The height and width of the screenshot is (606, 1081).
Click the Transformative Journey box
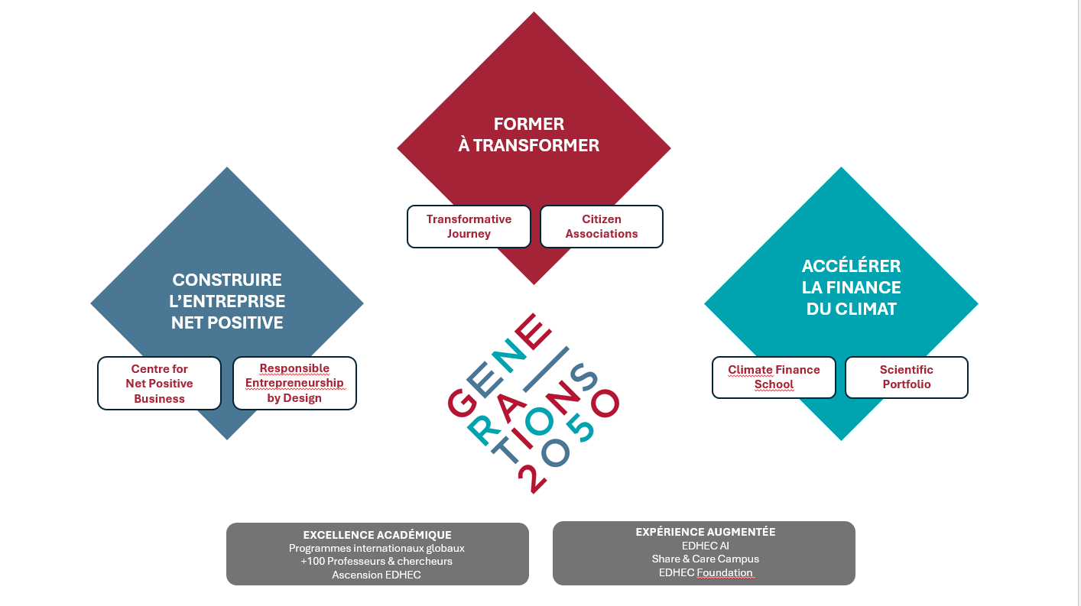[x=469, y=226]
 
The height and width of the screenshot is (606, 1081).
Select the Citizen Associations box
[x=602, y=226]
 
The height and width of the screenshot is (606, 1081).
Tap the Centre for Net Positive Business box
[x=159, y=383]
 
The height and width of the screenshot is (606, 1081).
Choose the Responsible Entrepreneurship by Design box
[x=294, y=383]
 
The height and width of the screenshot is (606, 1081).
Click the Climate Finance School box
[x=774, y=378]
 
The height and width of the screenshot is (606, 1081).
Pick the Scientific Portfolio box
[x=906, y=378]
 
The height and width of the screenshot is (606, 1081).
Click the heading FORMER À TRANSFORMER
[x=529, y=134]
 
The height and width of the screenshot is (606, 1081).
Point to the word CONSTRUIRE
[x=227, y=280]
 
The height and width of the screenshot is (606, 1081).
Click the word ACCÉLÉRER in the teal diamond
[x=852, y=266]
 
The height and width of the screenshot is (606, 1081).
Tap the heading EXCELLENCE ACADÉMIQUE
[x=378, y=535]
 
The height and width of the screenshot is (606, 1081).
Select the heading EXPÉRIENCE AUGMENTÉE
[x=705, y=532]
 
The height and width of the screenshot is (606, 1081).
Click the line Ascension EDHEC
[x=376, y=575]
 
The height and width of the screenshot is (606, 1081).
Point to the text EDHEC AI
[x=705, y=546]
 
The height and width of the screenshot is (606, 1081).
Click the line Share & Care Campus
[x=705, y=559]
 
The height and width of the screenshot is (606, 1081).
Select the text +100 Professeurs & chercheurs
[x=376, y=561]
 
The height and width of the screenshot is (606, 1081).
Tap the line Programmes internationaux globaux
[x=376, y=548]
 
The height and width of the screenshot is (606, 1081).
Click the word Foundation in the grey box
[x=725, y=572]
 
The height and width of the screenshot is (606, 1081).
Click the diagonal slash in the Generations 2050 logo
[x=546, y=369]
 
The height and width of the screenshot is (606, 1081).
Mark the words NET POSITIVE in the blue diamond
[x=227, y=322]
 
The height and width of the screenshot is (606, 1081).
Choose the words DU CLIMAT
[x=852, y=309]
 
